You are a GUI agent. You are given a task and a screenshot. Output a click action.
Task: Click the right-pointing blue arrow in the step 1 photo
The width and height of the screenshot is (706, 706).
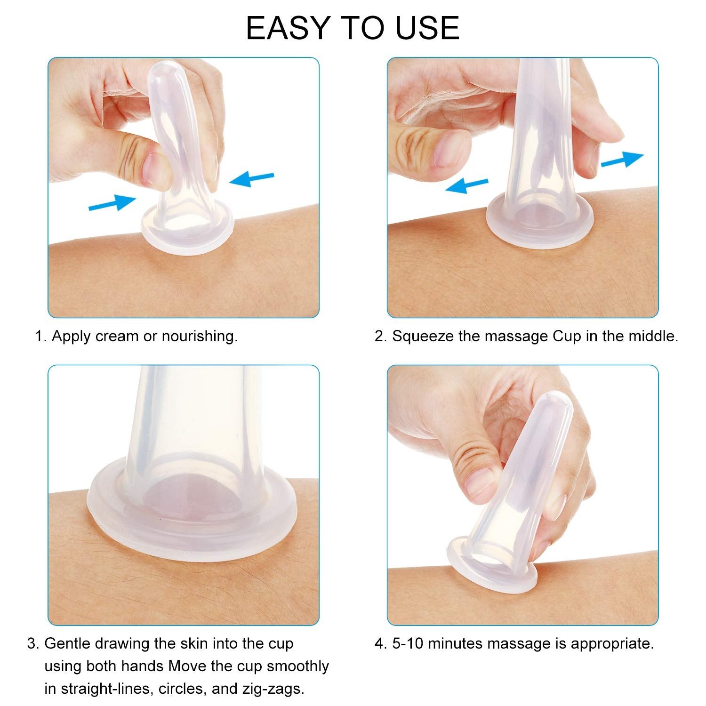click(x=112, y=202)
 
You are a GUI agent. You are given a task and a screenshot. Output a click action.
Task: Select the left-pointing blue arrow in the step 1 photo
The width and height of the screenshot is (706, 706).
click(x=251, y=179)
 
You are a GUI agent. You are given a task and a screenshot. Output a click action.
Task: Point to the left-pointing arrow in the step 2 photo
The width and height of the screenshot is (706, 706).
click(x=466, y=185)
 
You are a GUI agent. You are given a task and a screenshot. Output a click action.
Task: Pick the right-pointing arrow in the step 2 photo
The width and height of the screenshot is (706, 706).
click(x=622, y=160)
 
